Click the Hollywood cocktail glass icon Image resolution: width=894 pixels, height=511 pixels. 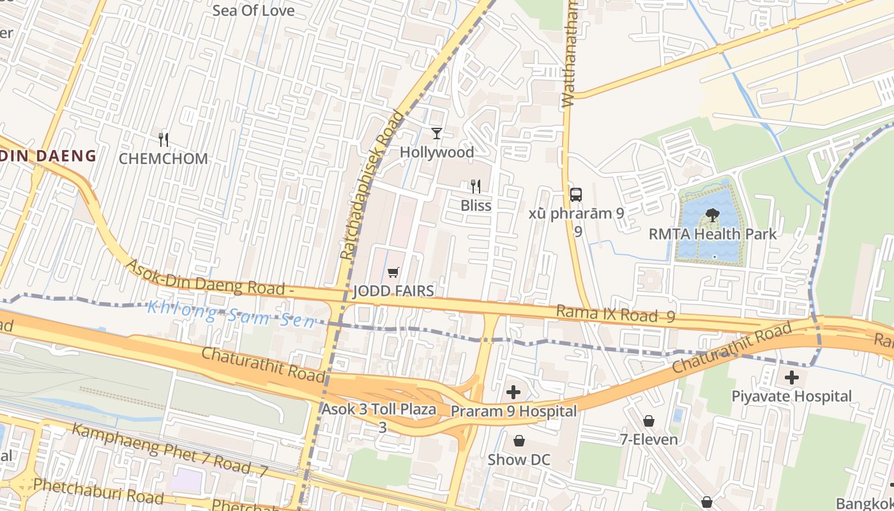tap(437, 133)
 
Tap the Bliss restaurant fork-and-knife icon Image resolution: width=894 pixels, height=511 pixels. tap(476, 186)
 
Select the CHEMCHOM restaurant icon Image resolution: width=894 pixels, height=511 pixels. tap(163, 139)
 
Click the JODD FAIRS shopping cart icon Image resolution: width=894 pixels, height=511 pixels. tap(393, 273)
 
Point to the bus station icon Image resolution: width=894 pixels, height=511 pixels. tap(576, 194)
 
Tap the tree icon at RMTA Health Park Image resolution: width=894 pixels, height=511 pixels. tap(713, 215)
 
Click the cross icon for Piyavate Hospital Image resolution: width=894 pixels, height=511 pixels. tap(792, 377)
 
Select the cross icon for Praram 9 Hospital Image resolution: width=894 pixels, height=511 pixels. tap(513, 392)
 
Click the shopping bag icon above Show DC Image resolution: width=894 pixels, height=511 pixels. tap(519, 441)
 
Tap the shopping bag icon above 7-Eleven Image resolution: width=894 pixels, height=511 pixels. tap(649, 420)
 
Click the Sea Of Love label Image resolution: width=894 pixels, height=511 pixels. tap(254, 10)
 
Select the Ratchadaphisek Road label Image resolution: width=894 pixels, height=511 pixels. tap(374, 185)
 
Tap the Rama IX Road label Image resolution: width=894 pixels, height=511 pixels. tap(615, 314)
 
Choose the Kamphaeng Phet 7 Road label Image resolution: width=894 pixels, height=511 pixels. tap(169, 450)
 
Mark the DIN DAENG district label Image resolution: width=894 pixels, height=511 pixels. tap(49, 155)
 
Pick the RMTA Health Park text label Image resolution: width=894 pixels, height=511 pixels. tap(713, 234)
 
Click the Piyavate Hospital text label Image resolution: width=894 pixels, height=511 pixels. tap(792, 396)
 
